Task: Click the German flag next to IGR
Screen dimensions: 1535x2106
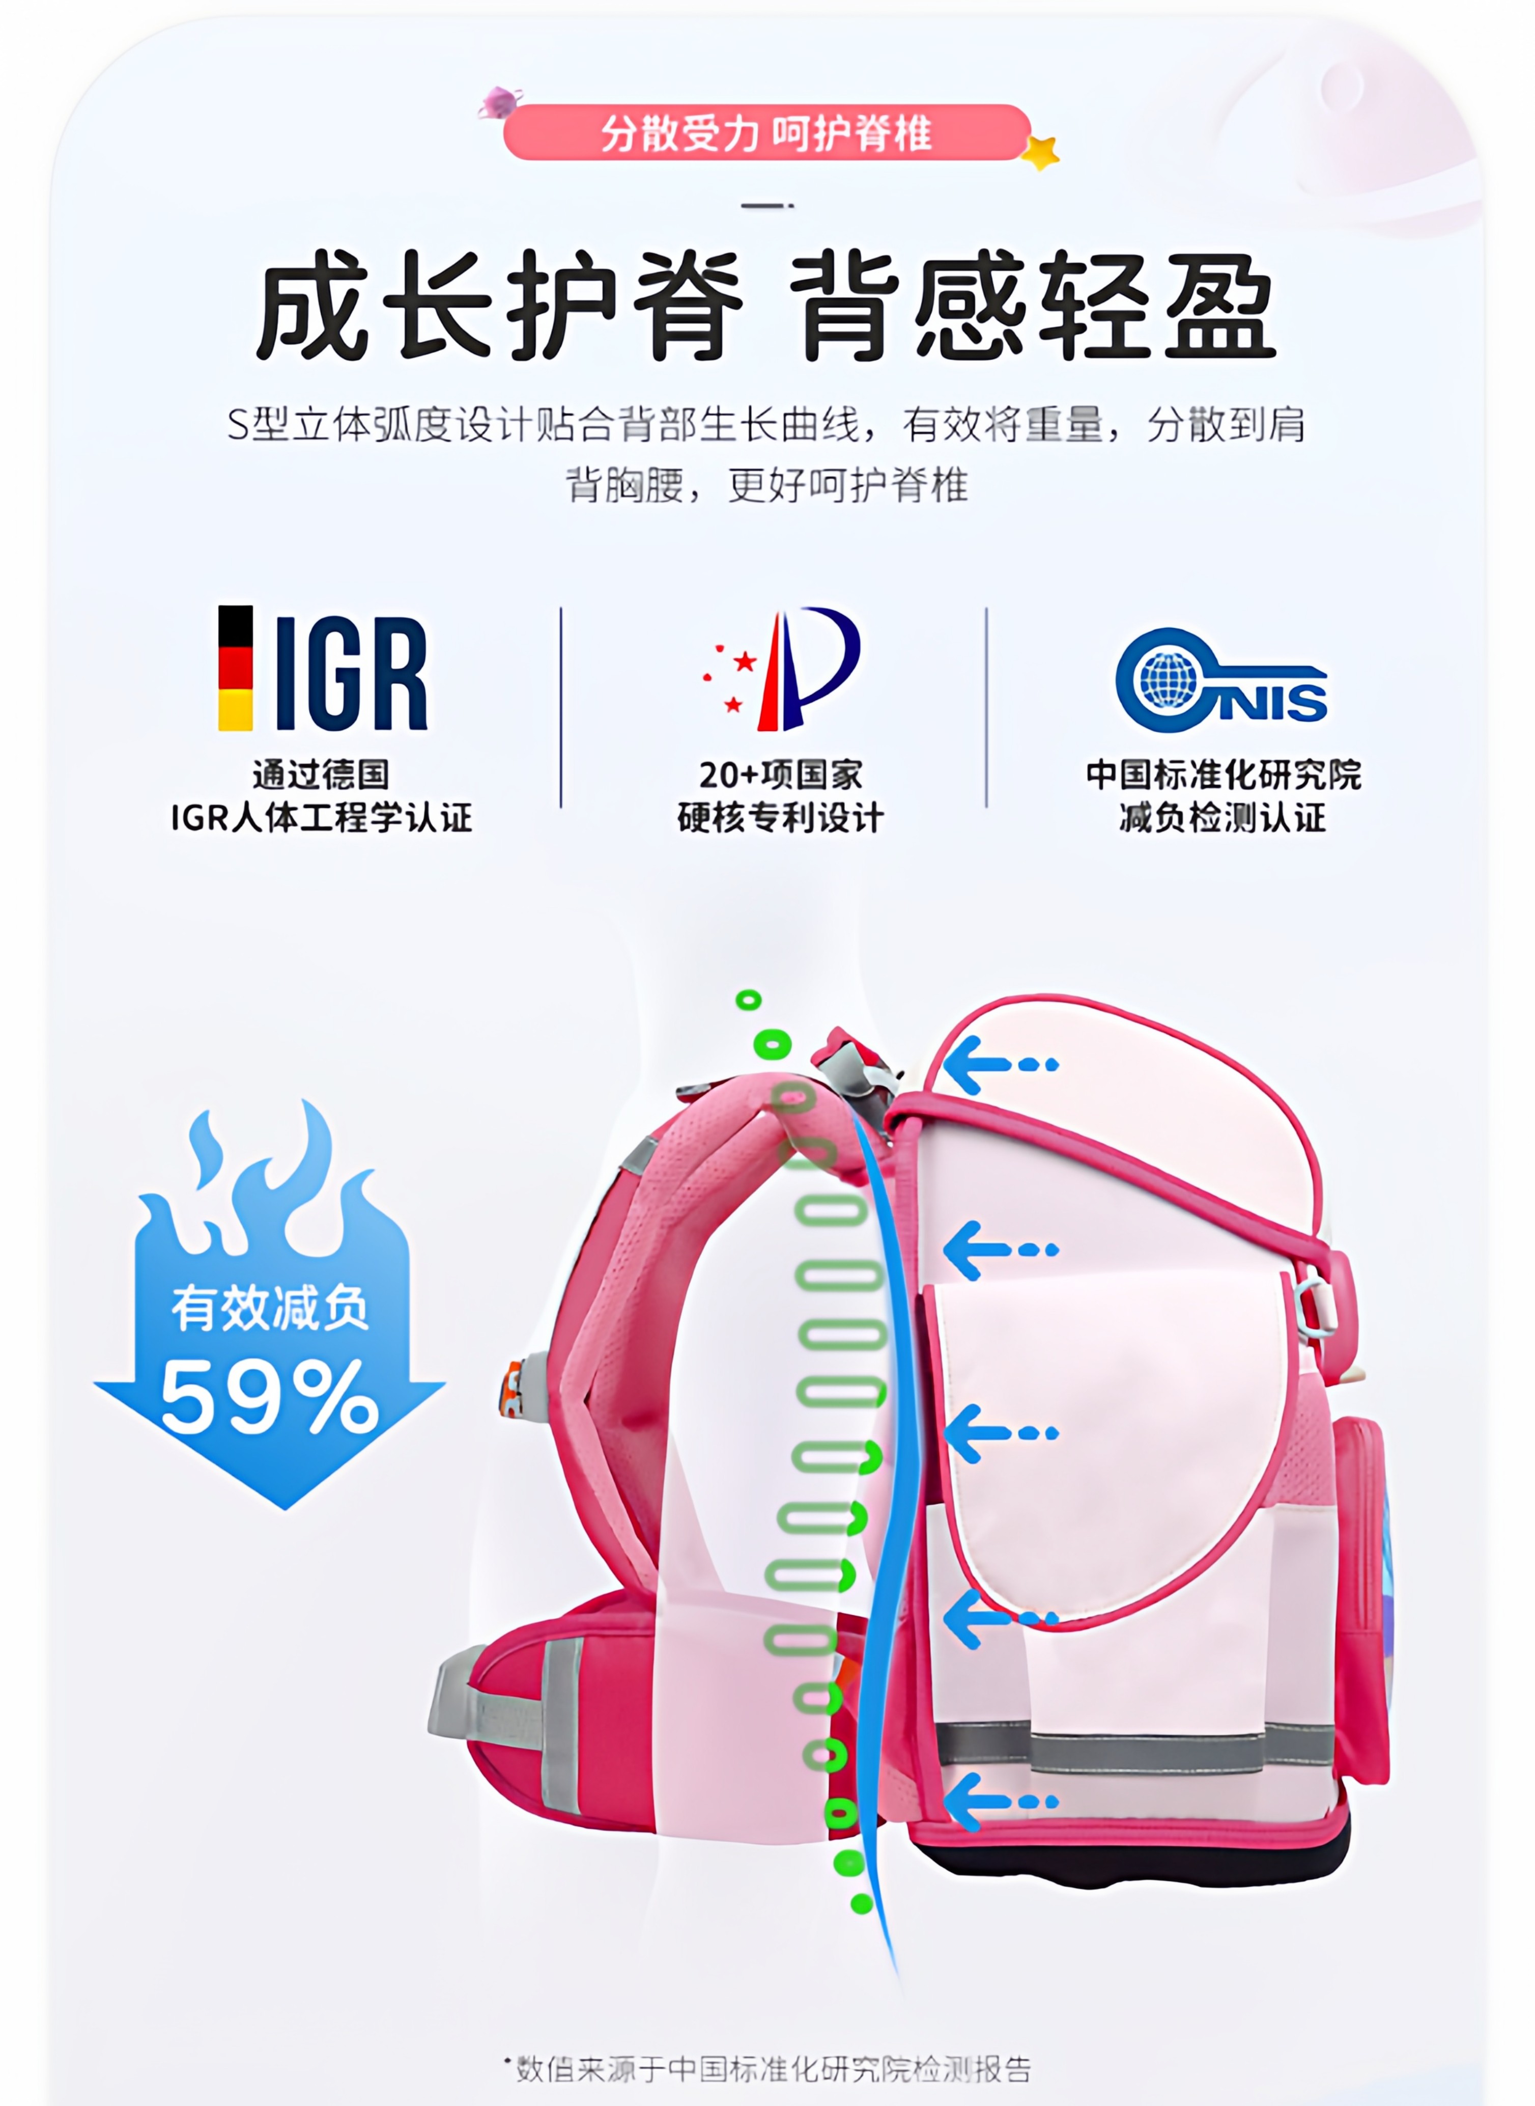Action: coord(235,668)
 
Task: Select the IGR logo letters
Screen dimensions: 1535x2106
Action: coord(351,673)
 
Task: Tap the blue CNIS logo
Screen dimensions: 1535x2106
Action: coord(1219,680)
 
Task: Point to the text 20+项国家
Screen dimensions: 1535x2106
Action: coord(781,774)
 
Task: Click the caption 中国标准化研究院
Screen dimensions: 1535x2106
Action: coord(1223,774)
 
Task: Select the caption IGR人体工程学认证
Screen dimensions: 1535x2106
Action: coord(322,818)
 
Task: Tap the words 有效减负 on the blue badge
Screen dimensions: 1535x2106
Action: coord(269,1309)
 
